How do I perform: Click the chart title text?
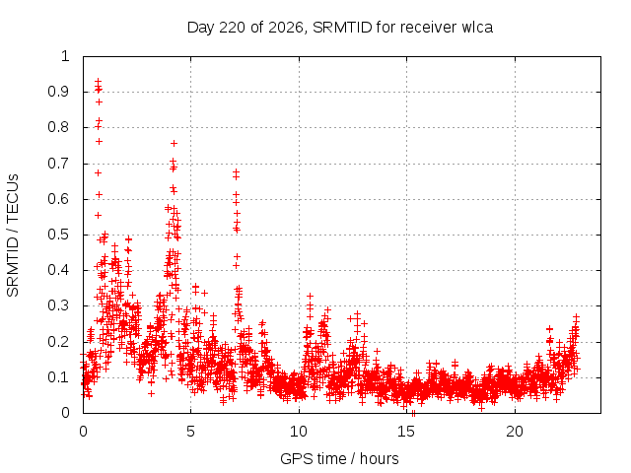click(x=340, y=28)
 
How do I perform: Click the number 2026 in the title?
click(x=286, y=28)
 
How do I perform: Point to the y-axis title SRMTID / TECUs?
click(x=13, y=236)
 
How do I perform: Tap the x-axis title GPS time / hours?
click(x=339, y=458)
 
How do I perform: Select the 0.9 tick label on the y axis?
click(x=58, y=92)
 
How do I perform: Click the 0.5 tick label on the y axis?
click(x=58, y=235)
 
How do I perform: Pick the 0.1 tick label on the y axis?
click(x=58, y=377)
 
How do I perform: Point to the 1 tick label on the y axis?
click(x=65, y=56)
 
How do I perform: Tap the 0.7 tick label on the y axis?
click(x=58, y=164)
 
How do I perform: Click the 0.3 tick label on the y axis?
click(x=58, y=305)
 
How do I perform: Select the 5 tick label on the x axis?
click(x=190, y=432)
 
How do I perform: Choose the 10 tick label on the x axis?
click(x=299, y=432)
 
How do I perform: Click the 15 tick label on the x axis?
click(x=406, y=432)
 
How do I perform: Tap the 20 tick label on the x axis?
click(x=515, y=432)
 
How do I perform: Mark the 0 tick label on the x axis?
click(x=83, y=432)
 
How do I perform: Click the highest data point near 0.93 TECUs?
click(x=98, y=81)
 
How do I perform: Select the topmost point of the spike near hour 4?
click(x=174, y=143)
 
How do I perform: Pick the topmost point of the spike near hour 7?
click(x=237, y=171)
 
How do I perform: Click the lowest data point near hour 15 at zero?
click(x=413, y=413)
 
